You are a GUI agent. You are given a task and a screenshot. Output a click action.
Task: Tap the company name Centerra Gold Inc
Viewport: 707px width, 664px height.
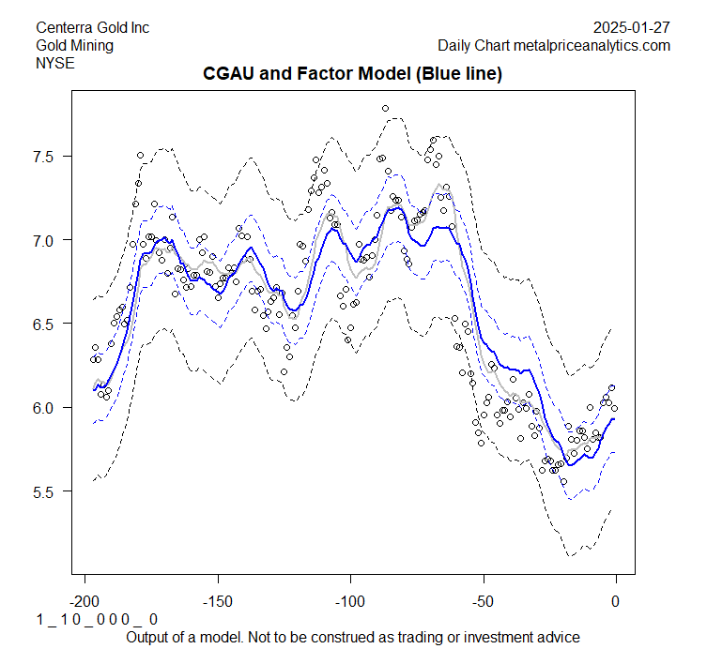pos(92,28)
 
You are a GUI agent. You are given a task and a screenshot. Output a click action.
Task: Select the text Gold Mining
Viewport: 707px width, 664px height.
pos(74,45)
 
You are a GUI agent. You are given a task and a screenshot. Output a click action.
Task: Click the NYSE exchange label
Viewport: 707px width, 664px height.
pos(54,63)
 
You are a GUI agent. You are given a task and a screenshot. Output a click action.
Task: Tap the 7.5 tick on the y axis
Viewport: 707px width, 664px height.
pos(47,156)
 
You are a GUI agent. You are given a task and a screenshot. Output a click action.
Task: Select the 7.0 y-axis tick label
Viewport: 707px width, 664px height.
pos(47,240)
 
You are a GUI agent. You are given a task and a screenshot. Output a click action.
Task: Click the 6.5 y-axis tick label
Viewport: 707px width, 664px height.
pos(47,324)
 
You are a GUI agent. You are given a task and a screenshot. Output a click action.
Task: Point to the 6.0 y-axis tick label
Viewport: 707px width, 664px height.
pos(47,407)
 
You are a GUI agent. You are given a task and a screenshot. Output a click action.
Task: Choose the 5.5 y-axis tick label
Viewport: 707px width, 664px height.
pos(47,491)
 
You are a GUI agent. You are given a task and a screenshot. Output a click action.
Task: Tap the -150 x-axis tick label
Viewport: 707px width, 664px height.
pos(217,600)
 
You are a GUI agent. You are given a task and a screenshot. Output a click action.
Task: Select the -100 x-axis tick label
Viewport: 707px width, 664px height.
pos(350,600)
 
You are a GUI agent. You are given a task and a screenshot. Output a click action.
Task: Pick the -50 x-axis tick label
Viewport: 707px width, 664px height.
pos(483,600)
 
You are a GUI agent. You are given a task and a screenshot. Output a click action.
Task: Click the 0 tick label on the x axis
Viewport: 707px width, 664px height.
pos(616,600)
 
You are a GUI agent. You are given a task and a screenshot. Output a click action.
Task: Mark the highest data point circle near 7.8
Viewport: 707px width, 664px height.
pos(385,109)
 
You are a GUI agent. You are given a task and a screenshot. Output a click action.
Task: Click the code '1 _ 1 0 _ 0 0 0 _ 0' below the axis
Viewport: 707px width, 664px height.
pos(97,620)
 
